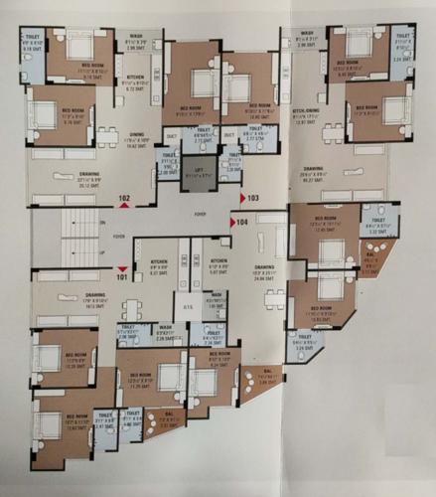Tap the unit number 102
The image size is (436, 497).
coord(124,199)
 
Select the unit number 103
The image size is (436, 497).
coord(253,198)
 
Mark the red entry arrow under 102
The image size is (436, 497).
coord(124,207)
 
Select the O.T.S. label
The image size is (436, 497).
coord(187,305)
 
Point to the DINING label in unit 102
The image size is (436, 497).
coord(137,138)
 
